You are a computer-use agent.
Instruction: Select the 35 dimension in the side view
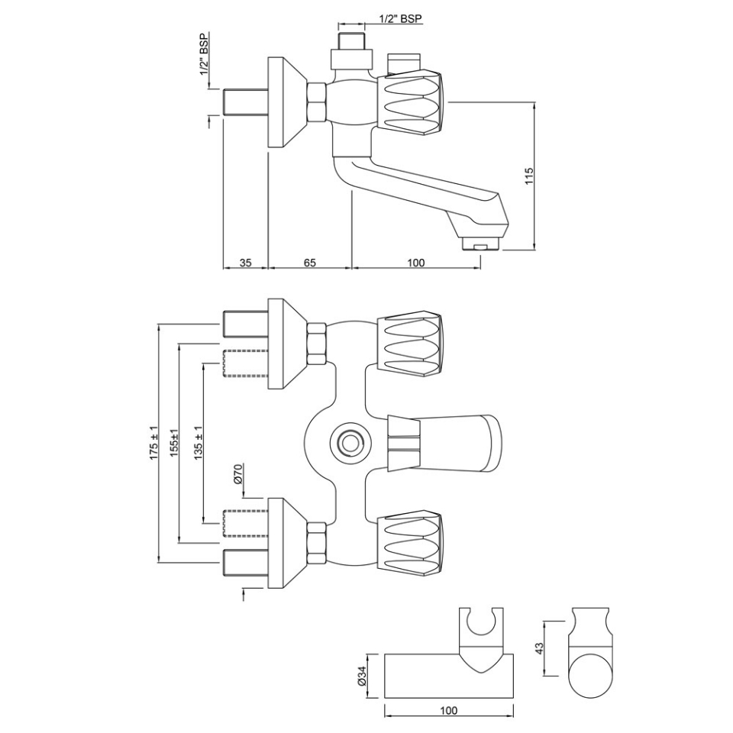pos(245,262)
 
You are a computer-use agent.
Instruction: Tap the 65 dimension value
pos(309,262)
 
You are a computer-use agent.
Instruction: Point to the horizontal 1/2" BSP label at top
pos(400,18)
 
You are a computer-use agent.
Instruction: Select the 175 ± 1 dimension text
pos(153,444)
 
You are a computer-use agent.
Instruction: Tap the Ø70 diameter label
pos(237,475)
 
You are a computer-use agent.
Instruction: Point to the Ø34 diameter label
pos(363,676)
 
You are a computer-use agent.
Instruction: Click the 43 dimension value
pos(539,647)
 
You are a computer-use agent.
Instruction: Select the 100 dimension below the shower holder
pos(448,711)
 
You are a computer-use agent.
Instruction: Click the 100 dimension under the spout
pos(415,262)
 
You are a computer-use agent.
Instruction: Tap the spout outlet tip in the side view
pos(480,247)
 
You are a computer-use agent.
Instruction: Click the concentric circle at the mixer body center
pos(350,441)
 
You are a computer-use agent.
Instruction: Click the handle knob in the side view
pos(412,101)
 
